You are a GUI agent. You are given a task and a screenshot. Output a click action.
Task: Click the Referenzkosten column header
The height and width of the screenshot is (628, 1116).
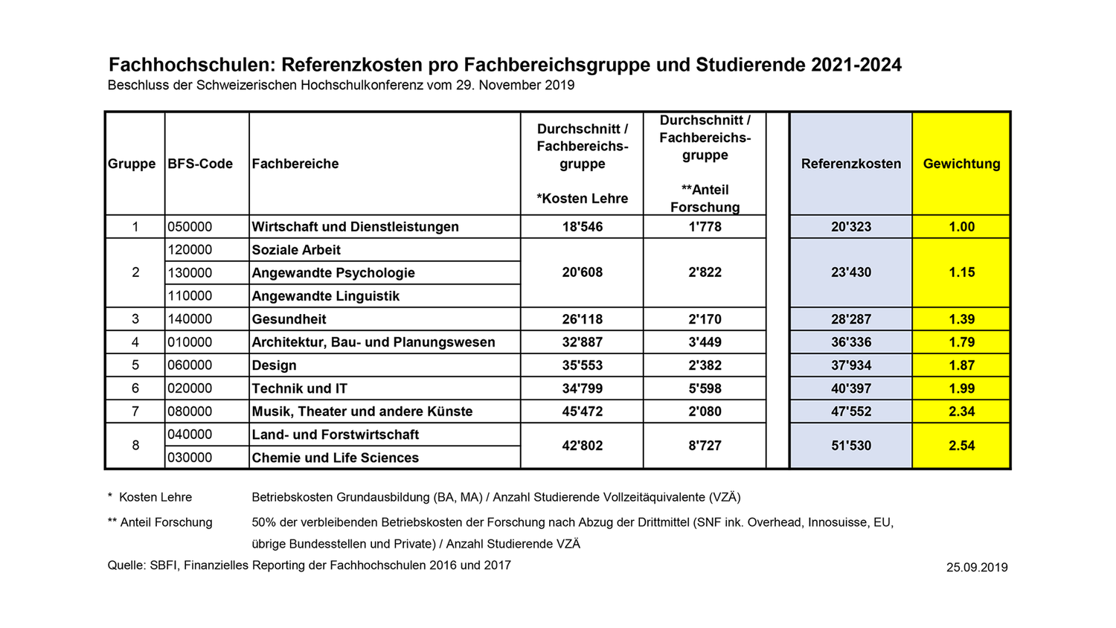point(850,164)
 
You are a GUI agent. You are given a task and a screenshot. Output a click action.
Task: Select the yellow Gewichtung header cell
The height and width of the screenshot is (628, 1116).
point(961,164)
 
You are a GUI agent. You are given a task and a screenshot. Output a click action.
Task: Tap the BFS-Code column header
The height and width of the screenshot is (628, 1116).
point(200,164)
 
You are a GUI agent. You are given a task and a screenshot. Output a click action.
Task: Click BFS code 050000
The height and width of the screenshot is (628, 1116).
point(190,227)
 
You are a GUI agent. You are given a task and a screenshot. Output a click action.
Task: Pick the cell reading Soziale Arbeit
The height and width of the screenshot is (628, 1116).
point(296,250)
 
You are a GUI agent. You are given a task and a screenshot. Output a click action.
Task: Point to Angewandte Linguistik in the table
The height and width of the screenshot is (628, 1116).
point(326,296)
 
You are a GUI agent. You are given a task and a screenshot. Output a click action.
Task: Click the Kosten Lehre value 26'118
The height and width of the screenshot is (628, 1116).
point(582,319)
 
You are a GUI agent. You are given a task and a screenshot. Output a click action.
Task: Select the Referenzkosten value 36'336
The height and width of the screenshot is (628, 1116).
point(850,342)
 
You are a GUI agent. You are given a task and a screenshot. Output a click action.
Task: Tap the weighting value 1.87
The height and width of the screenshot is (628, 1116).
point(961,365)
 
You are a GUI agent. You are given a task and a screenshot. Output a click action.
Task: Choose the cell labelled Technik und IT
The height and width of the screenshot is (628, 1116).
point(299,388)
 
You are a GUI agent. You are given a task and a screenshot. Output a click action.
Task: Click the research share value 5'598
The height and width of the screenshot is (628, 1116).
point(705,388)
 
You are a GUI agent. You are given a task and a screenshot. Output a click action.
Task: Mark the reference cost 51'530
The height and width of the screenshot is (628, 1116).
point(850,446)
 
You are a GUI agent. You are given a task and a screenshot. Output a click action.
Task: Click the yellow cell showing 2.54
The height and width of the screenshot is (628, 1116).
point(961,446)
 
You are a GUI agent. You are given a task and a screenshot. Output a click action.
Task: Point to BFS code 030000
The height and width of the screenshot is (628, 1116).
point(190,458)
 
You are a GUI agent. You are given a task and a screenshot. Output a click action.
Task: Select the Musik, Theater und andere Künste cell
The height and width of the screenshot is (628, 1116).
point(362,411)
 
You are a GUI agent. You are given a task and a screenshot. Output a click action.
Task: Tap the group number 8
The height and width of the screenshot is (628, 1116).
point(135,446)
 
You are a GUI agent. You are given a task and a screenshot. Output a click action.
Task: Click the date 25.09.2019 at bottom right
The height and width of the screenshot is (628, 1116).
point(977,568)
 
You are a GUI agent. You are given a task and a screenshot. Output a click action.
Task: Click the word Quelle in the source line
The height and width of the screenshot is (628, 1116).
point(126,565)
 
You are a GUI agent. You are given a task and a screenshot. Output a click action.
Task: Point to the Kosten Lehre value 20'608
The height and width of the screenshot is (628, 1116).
point(582,272)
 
